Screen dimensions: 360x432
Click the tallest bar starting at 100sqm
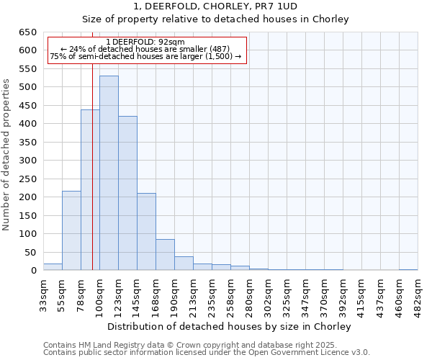tap(109, 173)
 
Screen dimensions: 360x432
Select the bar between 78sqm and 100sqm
tap(90, 190)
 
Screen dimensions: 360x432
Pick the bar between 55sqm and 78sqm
tap(71, 230)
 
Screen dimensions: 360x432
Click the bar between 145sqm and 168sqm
tap(146, 232)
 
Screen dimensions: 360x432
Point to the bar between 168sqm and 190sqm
tap(165, 255)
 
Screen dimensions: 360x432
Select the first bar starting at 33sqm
tap(53, 267)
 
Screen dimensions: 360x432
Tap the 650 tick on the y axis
tap(27, 32)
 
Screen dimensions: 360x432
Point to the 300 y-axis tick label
tap(27, 161)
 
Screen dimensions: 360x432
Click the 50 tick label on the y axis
tap(30, 253)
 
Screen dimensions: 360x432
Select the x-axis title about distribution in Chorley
tap(230, 326)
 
